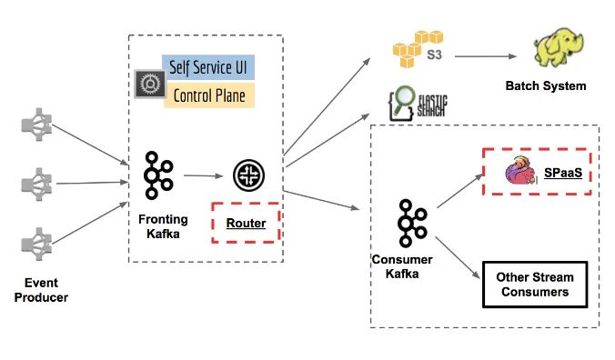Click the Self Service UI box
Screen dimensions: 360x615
(x=208, y=68)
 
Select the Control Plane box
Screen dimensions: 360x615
(x=208, y=95)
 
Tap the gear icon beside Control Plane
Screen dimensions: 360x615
(x=146, y=84)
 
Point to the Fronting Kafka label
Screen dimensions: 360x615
(x=163, y=227)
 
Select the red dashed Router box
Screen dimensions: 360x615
(x=245, y=222)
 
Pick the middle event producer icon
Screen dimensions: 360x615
(x=35, y=184)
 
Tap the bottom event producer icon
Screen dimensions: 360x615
(x=35, y=240)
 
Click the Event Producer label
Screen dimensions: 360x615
(x=40, y=290)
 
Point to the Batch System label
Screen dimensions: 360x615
(x=546, y=87)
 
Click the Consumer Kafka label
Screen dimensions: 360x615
(x=402, y=265)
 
